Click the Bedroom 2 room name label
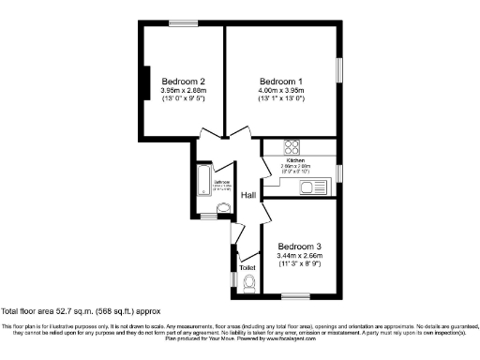click(183, 82)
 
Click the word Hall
click(248, 195)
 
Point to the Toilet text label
click(247, 267)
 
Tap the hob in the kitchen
click(291, 146)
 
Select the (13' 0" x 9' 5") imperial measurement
click(183, 98)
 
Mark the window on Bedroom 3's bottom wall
click(296, 297)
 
